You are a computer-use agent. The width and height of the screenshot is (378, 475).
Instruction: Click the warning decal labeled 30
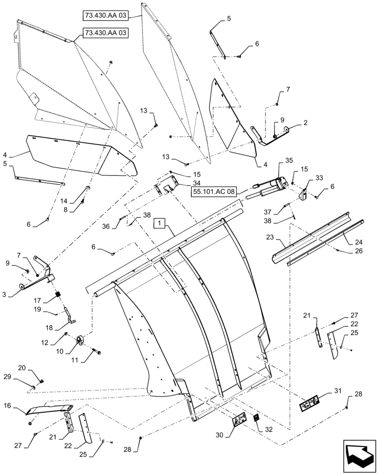pyautogui.click(x=238, y=420)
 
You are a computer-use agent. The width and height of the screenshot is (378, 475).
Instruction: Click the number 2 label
pyautogui.click(x=305, y=122)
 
